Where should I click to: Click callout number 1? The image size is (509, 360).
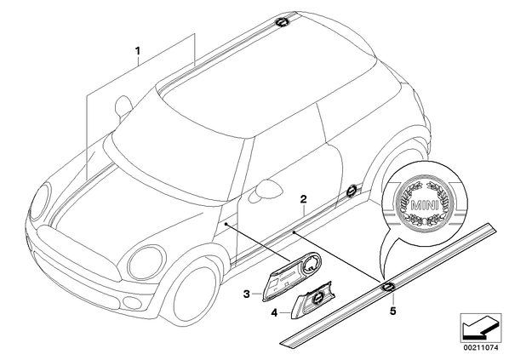coord(138,51)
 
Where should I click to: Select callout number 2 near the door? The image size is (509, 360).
coord(303,199)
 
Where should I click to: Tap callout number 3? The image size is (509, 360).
coord(247,294)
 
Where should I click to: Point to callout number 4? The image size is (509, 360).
coord(274,313)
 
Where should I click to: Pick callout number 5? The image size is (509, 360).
coord(392,311)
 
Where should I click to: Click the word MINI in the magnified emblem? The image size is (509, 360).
coord(425,205)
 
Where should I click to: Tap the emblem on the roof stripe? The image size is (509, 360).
coord(281,22)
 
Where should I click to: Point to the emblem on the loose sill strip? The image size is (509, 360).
coord(388,286)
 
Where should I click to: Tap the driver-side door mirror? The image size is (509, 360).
coord(268,188)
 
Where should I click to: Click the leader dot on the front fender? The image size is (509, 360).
coord(226,224)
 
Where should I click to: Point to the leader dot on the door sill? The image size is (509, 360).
coord(294,232)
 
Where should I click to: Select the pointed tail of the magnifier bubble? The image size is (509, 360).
coord(383,277)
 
